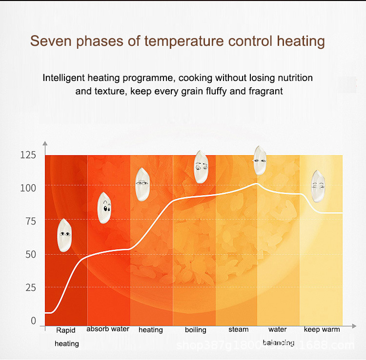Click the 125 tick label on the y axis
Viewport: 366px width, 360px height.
tap(28, 156)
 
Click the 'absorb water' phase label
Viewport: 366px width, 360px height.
tap(108, 329)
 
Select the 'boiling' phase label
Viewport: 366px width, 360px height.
tap(195, 330)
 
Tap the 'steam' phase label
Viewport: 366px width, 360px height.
tap(239, 329)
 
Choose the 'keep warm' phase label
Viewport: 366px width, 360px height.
tap(322, 329)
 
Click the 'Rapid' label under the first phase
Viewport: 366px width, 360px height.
tap(66, 330)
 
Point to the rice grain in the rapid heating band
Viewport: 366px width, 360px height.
tap(65, 235)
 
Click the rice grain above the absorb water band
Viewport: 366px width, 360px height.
tap(105, 208)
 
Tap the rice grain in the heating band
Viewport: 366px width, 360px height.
tap(142, 184)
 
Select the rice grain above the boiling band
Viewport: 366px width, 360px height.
tap(201, 167)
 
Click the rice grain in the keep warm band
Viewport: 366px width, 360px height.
tap(318, 186)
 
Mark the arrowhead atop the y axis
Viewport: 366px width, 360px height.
tap(45, 144)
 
